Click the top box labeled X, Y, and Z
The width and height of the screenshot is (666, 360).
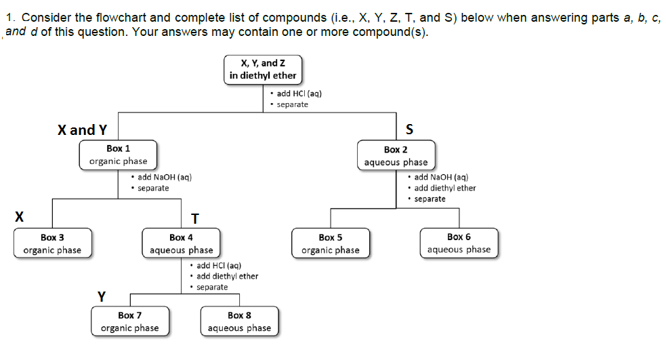pos(262,69)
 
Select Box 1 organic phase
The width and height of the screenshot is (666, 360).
pos(118,155)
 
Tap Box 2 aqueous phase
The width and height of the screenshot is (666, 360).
pos(396,155)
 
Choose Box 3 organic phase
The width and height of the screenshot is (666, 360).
pos(52,243)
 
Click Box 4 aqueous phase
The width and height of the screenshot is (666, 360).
pos(181,243)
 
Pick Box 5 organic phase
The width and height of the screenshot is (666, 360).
pos(331,243)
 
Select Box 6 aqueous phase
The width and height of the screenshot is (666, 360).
pos(459,243)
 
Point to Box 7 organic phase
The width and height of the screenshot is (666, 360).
pos(129,321)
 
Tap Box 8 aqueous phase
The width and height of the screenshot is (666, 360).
pos(239,321)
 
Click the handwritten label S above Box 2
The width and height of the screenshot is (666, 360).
pos(409,129)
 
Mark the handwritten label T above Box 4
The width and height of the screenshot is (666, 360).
pos(195,218)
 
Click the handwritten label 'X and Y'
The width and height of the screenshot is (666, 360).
pos(82,129)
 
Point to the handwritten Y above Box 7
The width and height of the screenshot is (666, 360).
pos(102,296)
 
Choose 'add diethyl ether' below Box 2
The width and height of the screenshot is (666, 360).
pos(444,188)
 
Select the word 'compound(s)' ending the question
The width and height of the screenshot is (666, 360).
pos(398,33)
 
